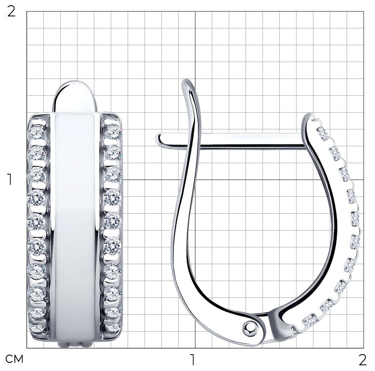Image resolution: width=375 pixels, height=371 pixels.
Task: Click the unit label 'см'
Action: click(14, 359)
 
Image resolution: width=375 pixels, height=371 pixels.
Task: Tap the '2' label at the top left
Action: click(11, 11)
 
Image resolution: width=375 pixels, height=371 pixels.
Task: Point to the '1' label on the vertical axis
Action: click(9, 179)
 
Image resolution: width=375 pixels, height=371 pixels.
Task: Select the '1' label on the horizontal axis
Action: click(192, 359)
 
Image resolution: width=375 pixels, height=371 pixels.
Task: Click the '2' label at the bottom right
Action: click(362, 359)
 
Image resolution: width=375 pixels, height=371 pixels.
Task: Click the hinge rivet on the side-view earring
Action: click(250, 328)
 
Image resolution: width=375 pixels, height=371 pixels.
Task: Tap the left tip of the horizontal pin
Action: click(156, 140)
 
